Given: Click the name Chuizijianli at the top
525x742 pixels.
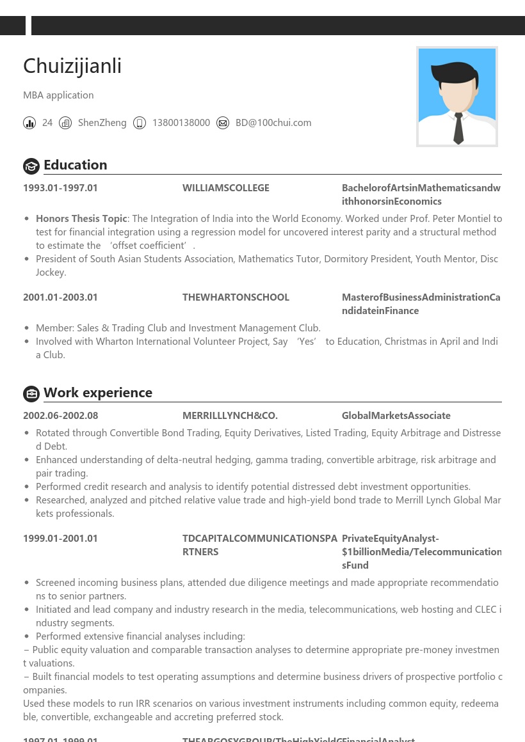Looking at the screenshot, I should tap(72, 66).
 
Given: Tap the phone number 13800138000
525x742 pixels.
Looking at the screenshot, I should tap(181, 123).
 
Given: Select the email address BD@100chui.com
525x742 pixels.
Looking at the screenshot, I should tap(273, 123).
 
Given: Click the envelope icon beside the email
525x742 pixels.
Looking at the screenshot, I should tap(223, 123).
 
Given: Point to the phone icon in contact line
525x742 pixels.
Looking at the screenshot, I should tap(140, 123).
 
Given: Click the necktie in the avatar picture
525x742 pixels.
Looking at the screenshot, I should tap(458, 128).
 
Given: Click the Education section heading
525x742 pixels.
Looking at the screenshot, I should tap(76, 165).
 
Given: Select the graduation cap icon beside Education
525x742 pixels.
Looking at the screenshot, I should tap(31, 166).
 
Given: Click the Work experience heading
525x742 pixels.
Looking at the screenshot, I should tap(98, 393).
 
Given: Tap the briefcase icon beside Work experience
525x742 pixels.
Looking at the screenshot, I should tap(31, 394).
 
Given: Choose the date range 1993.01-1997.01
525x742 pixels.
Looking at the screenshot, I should tap(60, 188).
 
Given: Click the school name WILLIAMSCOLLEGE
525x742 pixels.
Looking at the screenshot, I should tap(226, 188).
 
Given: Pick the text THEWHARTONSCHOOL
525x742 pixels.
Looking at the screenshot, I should tap(236, 297).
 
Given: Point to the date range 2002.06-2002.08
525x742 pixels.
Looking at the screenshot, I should tap(60, 416).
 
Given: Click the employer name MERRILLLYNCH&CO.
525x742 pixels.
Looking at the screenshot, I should tap(230, 416).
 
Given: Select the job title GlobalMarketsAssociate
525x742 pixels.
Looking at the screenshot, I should tap(396, 416).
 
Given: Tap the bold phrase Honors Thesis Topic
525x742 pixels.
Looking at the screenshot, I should tap(81, 219).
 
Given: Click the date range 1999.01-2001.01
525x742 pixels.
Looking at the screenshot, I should tap(60, 539).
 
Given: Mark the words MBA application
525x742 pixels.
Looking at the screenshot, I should tap(58, 95).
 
